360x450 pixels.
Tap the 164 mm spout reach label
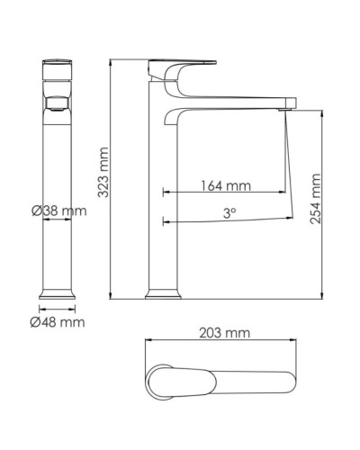pyautogui.click(x=225, y=186)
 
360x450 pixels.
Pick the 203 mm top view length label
pyautogui.click(x=224, y=333)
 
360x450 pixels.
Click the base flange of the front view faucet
pyautogui.click(x=58, y=292)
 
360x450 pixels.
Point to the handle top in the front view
pyautogui.click(x=58, y=65)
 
